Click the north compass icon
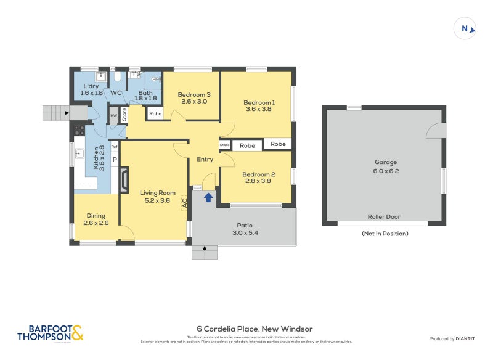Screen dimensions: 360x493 [x=466, y=28]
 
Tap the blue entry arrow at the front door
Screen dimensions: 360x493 [x=209, y=197]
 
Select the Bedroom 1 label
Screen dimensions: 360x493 [x=259, y=105]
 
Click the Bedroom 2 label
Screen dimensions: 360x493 [x=259, y=178]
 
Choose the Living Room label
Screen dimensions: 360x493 [x=153, y=196]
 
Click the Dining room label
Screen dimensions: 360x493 [x=96, y=219]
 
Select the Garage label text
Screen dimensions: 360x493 [x=386, y=166]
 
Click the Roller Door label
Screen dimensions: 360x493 [x=383, y=217]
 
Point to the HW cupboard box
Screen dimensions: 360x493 [x=113, y=116]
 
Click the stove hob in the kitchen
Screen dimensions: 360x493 [x=79, y=130]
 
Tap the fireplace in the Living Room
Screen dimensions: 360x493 [x=125, y=179]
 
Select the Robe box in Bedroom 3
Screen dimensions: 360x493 [x=155, y=113]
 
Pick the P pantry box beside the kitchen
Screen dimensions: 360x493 [x=115, y=159]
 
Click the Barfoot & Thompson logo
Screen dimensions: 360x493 [x=50, y=333]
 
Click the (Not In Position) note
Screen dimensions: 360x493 [x=385, y=234]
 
